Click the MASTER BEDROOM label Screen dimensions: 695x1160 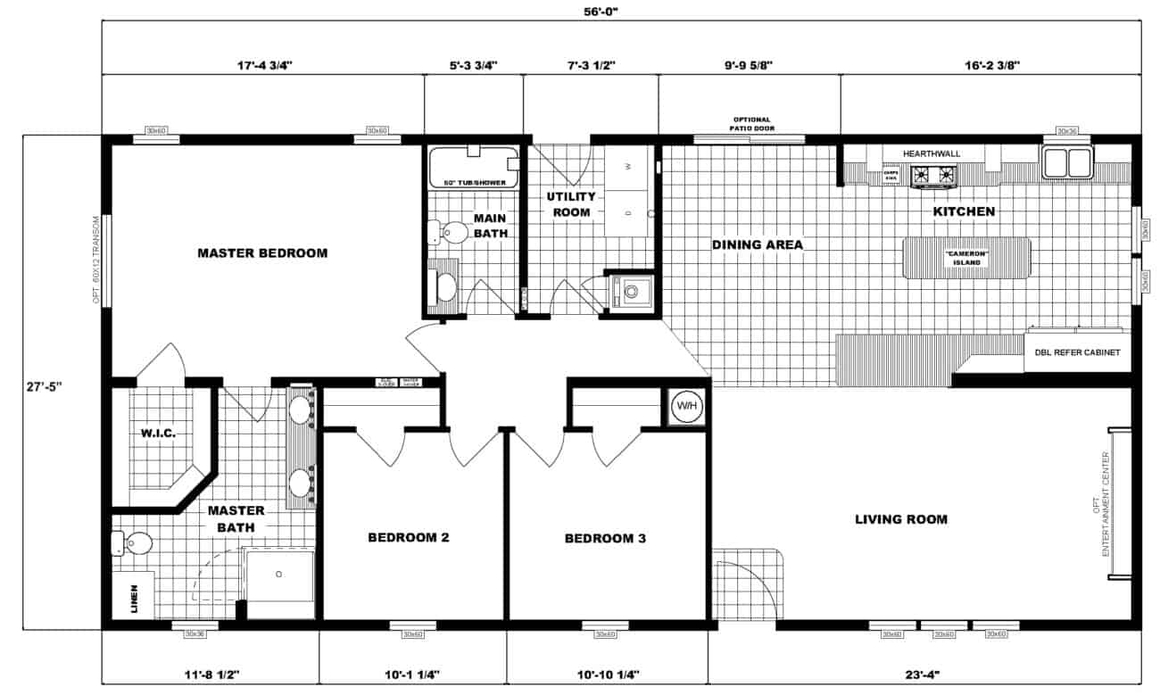click(x=261, y=252)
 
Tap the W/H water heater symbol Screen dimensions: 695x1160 click(x=686, y=407)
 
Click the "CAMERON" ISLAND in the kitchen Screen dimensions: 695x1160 click(x=966, y=259)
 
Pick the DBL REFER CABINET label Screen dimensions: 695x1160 click(x=1077, y=352)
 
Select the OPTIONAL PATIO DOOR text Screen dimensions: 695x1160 click(x=751, y=124)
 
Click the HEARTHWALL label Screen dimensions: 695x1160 click(x=931, y=153)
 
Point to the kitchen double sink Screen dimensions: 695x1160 click(x=1066, y=162)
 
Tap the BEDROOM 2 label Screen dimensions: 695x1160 click(x=408, y=538)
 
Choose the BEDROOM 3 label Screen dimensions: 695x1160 click(x=605, y=538)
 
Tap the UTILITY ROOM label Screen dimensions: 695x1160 click(x=571, y=204)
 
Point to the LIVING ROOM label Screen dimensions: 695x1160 click(x=901, y=518)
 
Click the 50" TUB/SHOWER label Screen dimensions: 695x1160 click(x=473, y=183)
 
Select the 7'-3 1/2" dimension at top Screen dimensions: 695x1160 click(x=590, y=64)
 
